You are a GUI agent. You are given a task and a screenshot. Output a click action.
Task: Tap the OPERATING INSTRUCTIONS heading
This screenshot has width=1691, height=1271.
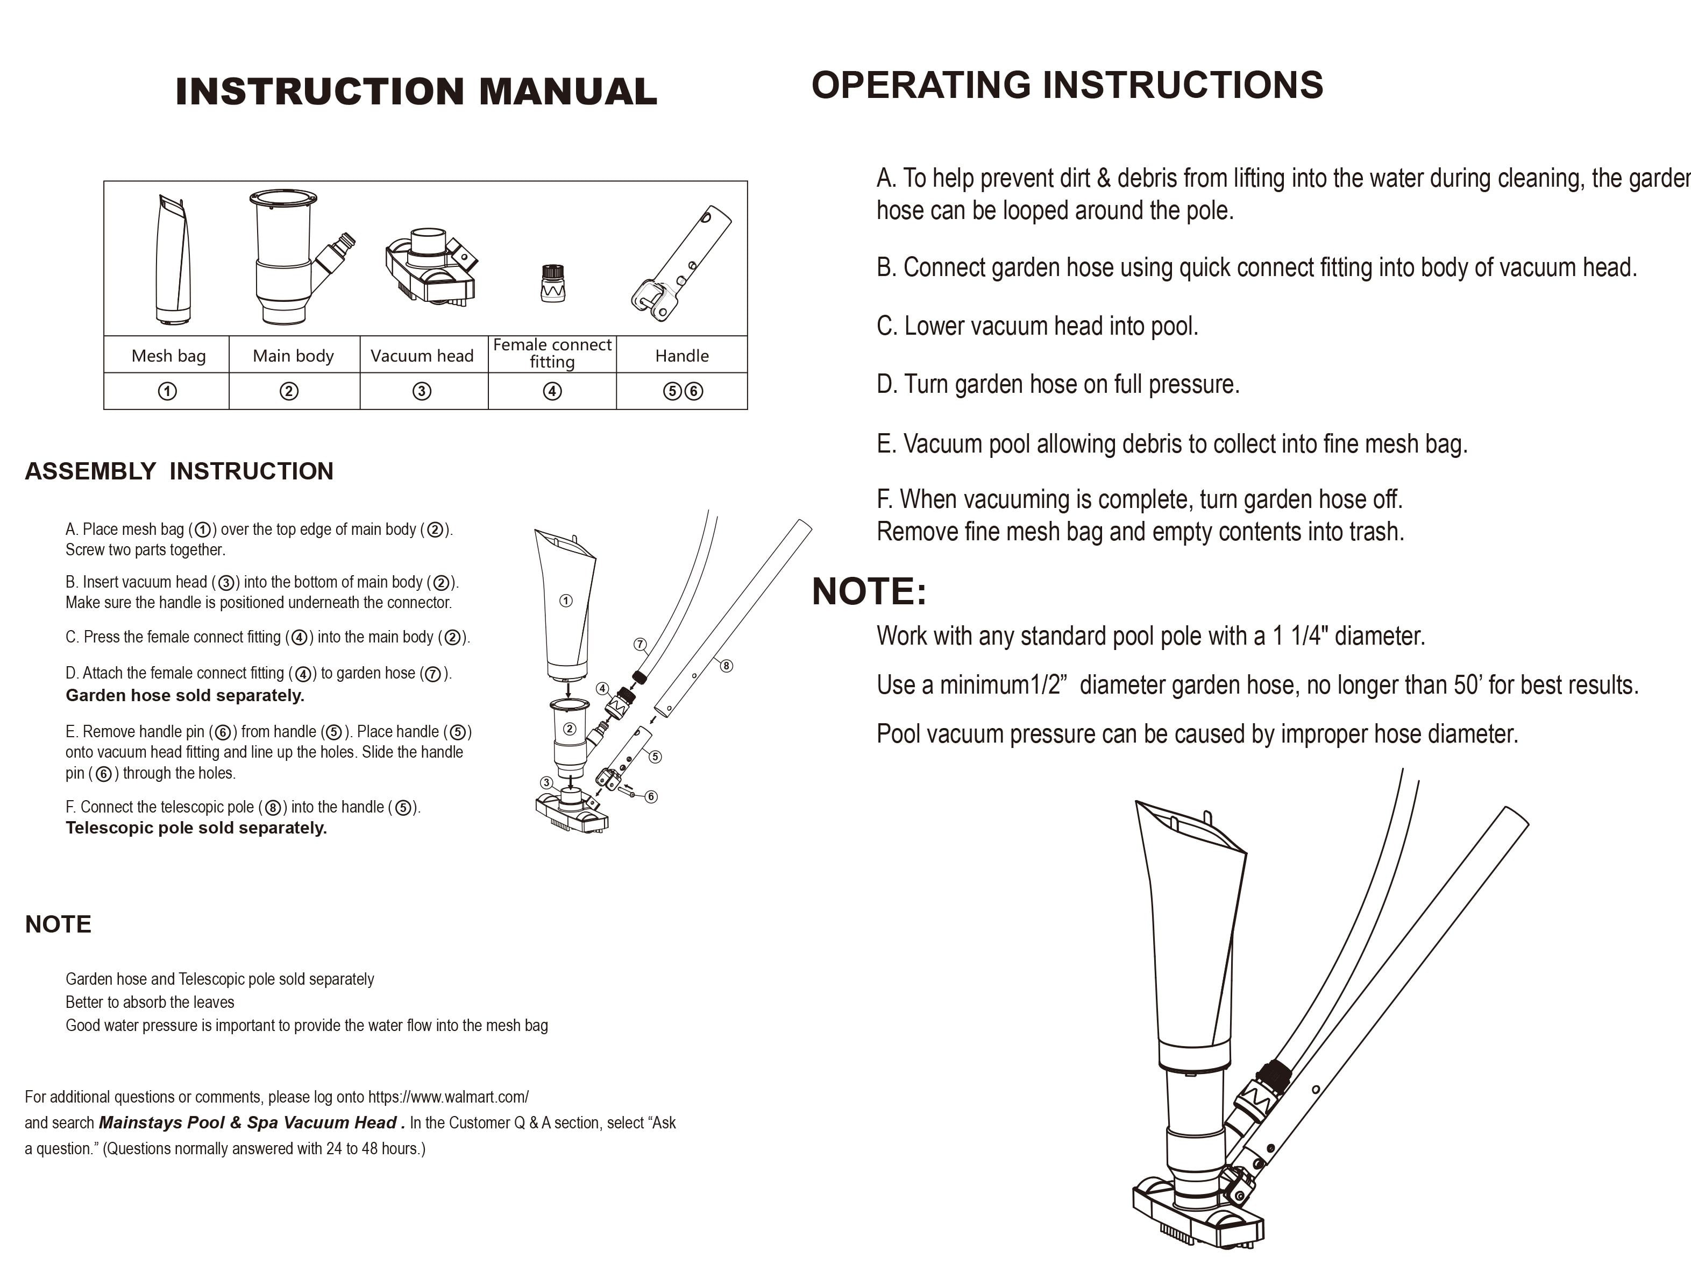click(1067, 85)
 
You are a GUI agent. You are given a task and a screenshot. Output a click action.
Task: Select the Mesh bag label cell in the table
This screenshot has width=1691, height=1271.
click(168, 356)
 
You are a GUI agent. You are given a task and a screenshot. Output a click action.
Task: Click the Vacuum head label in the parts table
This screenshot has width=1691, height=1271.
click(422, 356)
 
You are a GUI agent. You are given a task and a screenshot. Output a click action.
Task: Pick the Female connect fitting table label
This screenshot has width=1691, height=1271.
click(552, 354)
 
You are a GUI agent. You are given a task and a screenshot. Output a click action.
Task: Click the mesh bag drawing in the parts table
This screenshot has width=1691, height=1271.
click(172, 260)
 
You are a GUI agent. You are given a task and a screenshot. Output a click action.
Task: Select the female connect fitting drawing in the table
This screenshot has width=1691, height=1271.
click(552, 283)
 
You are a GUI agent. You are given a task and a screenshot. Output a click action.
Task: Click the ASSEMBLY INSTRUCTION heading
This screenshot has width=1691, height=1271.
click(179, 471)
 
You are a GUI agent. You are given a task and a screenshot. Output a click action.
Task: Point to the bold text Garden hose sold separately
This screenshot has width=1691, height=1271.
click(185, 695)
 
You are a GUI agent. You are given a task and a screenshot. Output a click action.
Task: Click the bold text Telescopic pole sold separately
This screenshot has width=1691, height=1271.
click(196, 828)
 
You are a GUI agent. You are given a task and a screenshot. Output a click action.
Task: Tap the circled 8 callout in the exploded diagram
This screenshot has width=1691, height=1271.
click(726, 665)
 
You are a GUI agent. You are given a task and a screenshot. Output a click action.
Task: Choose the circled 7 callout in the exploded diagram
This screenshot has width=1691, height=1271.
click(640, 644)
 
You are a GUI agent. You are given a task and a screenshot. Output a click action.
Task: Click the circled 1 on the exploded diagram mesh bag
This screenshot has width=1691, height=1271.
click(566, 601)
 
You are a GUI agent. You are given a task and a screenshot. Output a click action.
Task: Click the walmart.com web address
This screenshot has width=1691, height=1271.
click(448, 1097)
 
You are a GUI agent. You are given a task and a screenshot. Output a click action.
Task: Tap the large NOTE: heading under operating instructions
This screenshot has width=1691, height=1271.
click(869, 591)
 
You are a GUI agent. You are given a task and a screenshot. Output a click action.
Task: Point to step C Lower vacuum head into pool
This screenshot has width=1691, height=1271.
click(1036, 327)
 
